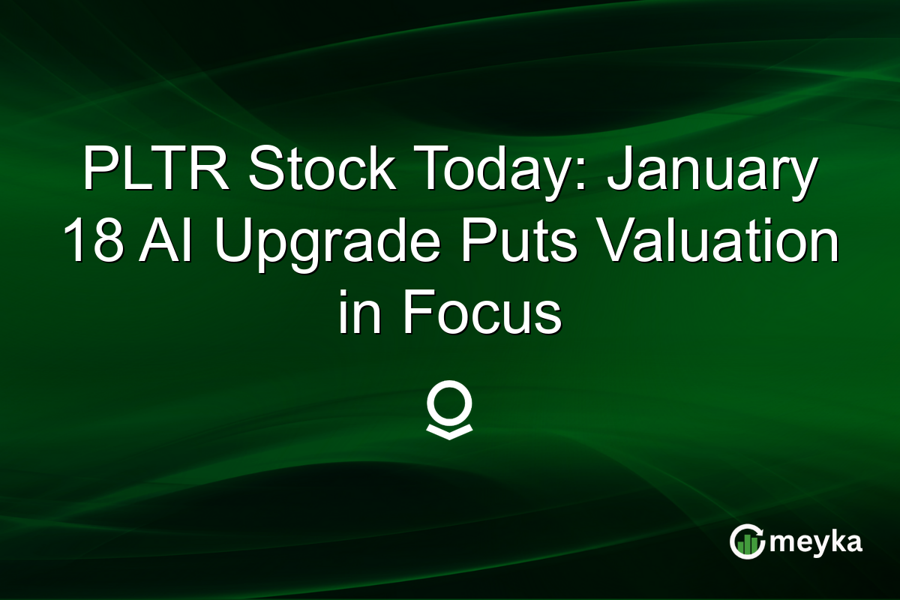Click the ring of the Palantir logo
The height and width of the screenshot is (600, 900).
449,406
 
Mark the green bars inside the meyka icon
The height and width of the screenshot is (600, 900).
747,547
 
